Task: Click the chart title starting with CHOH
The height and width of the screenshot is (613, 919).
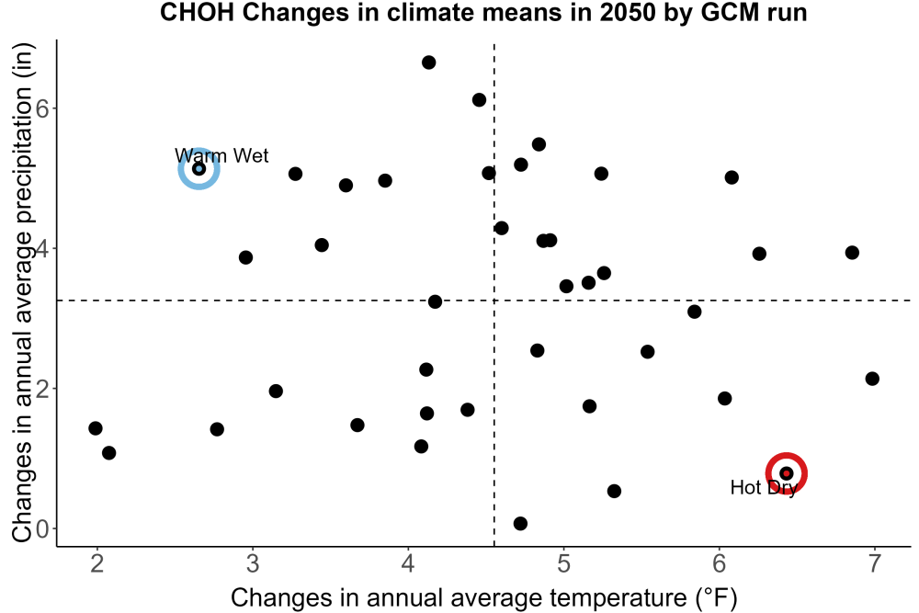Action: tap(483, 12)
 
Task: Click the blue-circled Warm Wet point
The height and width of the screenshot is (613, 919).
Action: tap(199, 169)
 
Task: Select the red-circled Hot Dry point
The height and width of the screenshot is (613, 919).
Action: tap(787, 473)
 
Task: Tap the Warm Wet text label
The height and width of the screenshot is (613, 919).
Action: tap(221, 155)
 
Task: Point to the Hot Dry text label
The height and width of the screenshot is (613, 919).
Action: tap(764, 488)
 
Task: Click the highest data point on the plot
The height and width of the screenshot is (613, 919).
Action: tap(428, 62)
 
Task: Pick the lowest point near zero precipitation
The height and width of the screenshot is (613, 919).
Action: tap(520, 523)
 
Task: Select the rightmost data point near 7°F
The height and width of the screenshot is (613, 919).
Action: tap(872, 379)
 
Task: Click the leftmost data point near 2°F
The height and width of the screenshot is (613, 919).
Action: tap(96, 428)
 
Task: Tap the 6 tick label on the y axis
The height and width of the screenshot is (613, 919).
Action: tap(42, 108)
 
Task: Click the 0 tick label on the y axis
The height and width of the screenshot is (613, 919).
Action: tap(42, 528)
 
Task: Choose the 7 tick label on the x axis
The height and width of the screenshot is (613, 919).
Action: tap(875, 563)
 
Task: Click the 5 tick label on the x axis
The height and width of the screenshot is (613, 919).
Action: tap(564, 563)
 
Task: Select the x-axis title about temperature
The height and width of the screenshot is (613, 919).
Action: tap(484, 597)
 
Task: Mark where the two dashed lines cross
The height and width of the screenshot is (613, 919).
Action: tap(494, 300)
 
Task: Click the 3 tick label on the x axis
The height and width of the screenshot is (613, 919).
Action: tap(253, 563)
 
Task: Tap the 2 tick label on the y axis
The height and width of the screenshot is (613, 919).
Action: tap(42, 389)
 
